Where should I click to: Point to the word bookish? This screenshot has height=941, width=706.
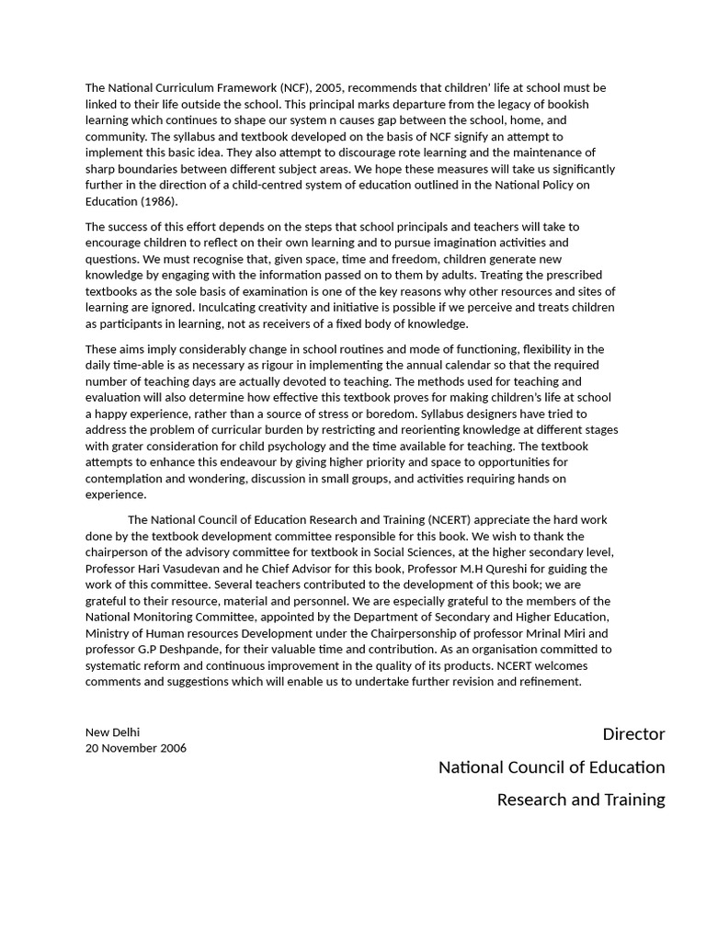[569, 105]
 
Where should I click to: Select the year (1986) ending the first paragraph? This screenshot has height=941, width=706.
[157, 201]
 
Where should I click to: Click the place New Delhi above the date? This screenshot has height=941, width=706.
[112, 732]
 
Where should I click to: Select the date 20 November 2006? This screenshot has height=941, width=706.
[136, 748]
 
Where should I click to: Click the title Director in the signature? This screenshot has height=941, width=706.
[633, 734]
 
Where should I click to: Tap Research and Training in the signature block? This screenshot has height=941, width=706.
[581, 799]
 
